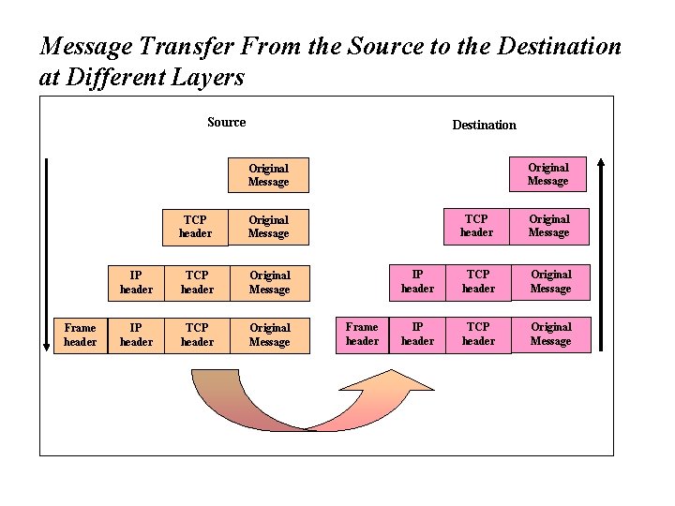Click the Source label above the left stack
point(226,122)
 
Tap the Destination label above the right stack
point(484,125)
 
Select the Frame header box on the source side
point(81,335)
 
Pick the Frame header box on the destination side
point(362,334)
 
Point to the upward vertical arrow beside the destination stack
point(601,253)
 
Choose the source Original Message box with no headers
point(269,174)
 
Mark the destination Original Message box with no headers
point(547,173)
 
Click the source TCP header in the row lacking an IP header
point(195,227)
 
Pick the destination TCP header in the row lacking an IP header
point(476,226)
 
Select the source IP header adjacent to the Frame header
point(136,335)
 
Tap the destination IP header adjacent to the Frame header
point(417,334)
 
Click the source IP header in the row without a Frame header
point(136,282)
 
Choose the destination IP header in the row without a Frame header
point(417,281)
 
